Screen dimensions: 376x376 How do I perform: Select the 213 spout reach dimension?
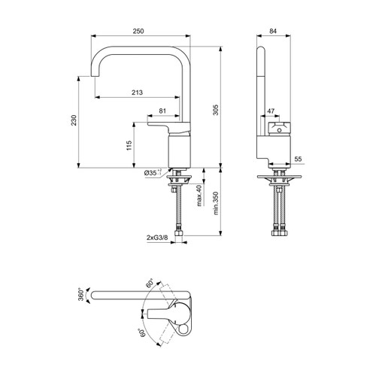click(x=136, y=92)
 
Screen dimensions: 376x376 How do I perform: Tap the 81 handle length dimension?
click(x=164, y=111)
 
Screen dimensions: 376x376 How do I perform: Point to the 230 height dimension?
click(x=74, y=123)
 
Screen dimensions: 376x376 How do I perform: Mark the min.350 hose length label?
click(x=217, y=203)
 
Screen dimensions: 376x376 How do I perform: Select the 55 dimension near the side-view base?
click(x=297, y=159)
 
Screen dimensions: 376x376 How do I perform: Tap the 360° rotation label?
click(x=81, y=294)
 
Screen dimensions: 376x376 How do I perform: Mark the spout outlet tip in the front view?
click(x=95, y=78)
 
